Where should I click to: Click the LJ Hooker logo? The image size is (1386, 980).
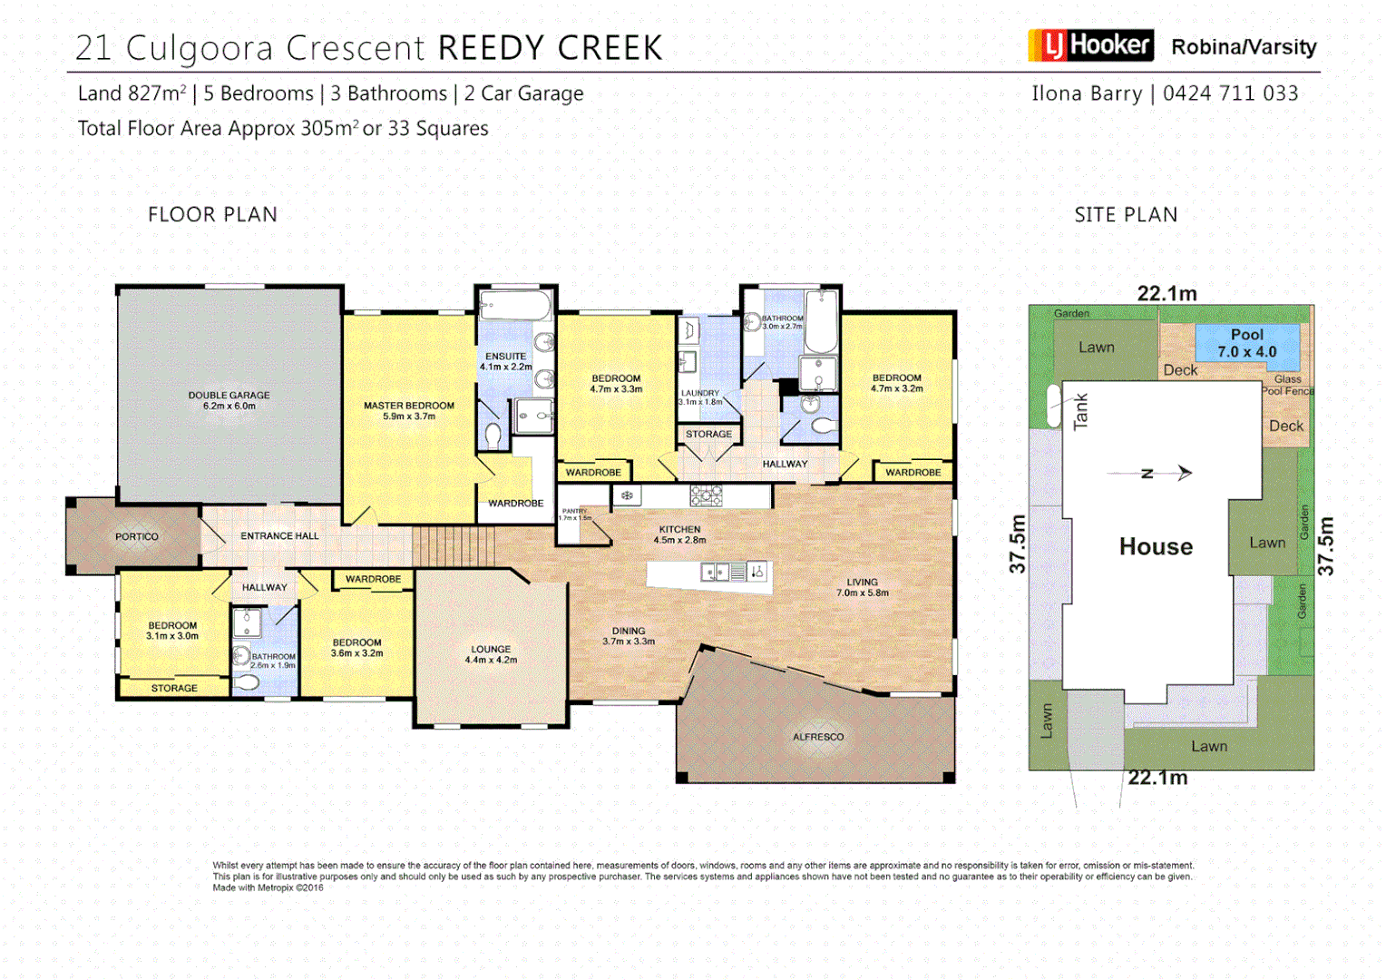1090,45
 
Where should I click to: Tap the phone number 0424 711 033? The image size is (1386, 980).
1230,93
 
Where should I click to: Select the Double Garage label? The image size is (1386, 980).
229,400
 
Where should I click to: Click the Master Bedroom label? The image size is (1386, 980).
409,411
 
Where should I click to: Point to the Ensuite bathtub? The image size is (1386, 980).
515,305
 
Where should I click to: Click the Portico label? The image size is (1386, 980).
137,537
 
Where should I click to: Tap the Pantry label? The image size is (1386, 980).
575,514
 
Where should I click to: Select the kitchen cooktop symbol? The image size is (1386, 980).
706,495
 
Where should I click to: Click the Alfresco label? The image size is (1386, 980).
818,737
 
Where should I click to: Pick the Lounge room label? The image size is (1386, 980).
491,654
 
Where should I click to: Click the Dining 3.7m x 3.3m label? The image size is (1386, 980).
629,636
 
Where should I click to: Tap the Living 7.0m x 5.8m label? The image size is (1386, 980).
863,587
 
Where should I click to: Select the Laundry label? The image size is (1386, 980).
700,397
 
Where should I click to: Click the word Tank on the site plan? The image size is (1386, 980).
1080,411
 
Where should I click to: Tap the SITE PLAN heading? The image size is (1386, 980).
1126,215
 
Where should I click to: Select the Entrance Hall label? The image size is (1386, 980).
279,536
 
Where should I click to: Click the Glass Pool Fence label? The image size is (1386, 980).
1288,385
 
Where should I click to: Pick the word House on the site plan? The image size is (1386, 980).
1156,546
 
